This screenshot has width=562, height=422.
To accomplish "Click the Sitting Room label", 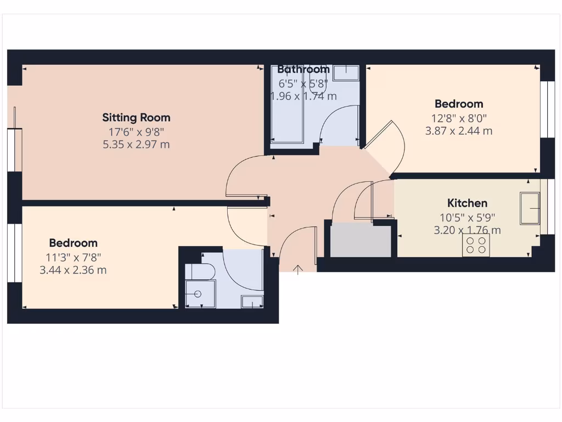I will coord(136,117).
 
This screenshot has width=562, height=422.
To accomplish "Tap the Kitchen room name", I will coord(467,203).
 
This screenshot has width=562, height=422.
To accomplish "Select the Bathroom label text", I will coord(303,69).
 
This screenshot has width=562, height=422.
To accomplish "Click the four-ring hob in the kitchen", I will coord(476,245).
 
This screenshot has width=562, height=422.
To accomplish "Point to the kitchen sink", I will coord(530,208).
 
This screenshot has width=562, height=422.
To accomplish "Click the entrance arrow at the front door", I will coord(298,269).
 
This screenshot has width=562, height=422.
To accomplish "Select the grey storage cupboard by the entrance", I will coord(360,240).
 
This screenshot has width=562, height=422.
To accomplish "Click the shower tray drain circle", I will coord(198,295).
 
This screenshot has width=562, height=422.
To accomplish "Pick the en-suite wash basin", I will coord(252,301).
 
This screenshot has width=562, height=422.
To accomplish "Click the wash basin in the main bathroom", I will coord(345,73).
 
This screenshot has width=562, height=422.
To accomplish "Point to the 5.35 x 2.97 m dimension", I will coord(136,145).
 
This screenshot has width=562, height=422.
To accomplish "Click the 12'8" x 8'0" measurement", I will coord(459,118).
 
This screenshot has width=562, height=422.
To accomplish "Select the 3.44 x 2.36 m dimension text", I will coord(73,270).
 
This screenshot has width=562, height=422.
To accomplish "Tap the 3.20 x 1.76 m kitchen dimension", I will coord(467,230).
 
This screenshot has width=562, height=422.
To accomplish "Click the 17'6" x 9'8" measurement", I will coord(136,131).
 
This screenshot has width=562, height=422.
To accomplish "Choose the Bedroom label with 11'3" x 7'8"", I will coord(73,243).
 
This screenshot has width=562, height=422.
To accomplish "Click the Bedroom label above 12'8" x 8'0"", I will coord(459,104).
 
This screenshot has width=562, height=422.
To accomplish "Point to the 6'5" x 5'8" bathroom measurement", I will coord(303,84).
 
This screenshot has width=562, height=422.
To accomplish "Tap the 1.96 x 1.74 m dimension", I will coord(303,97).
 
